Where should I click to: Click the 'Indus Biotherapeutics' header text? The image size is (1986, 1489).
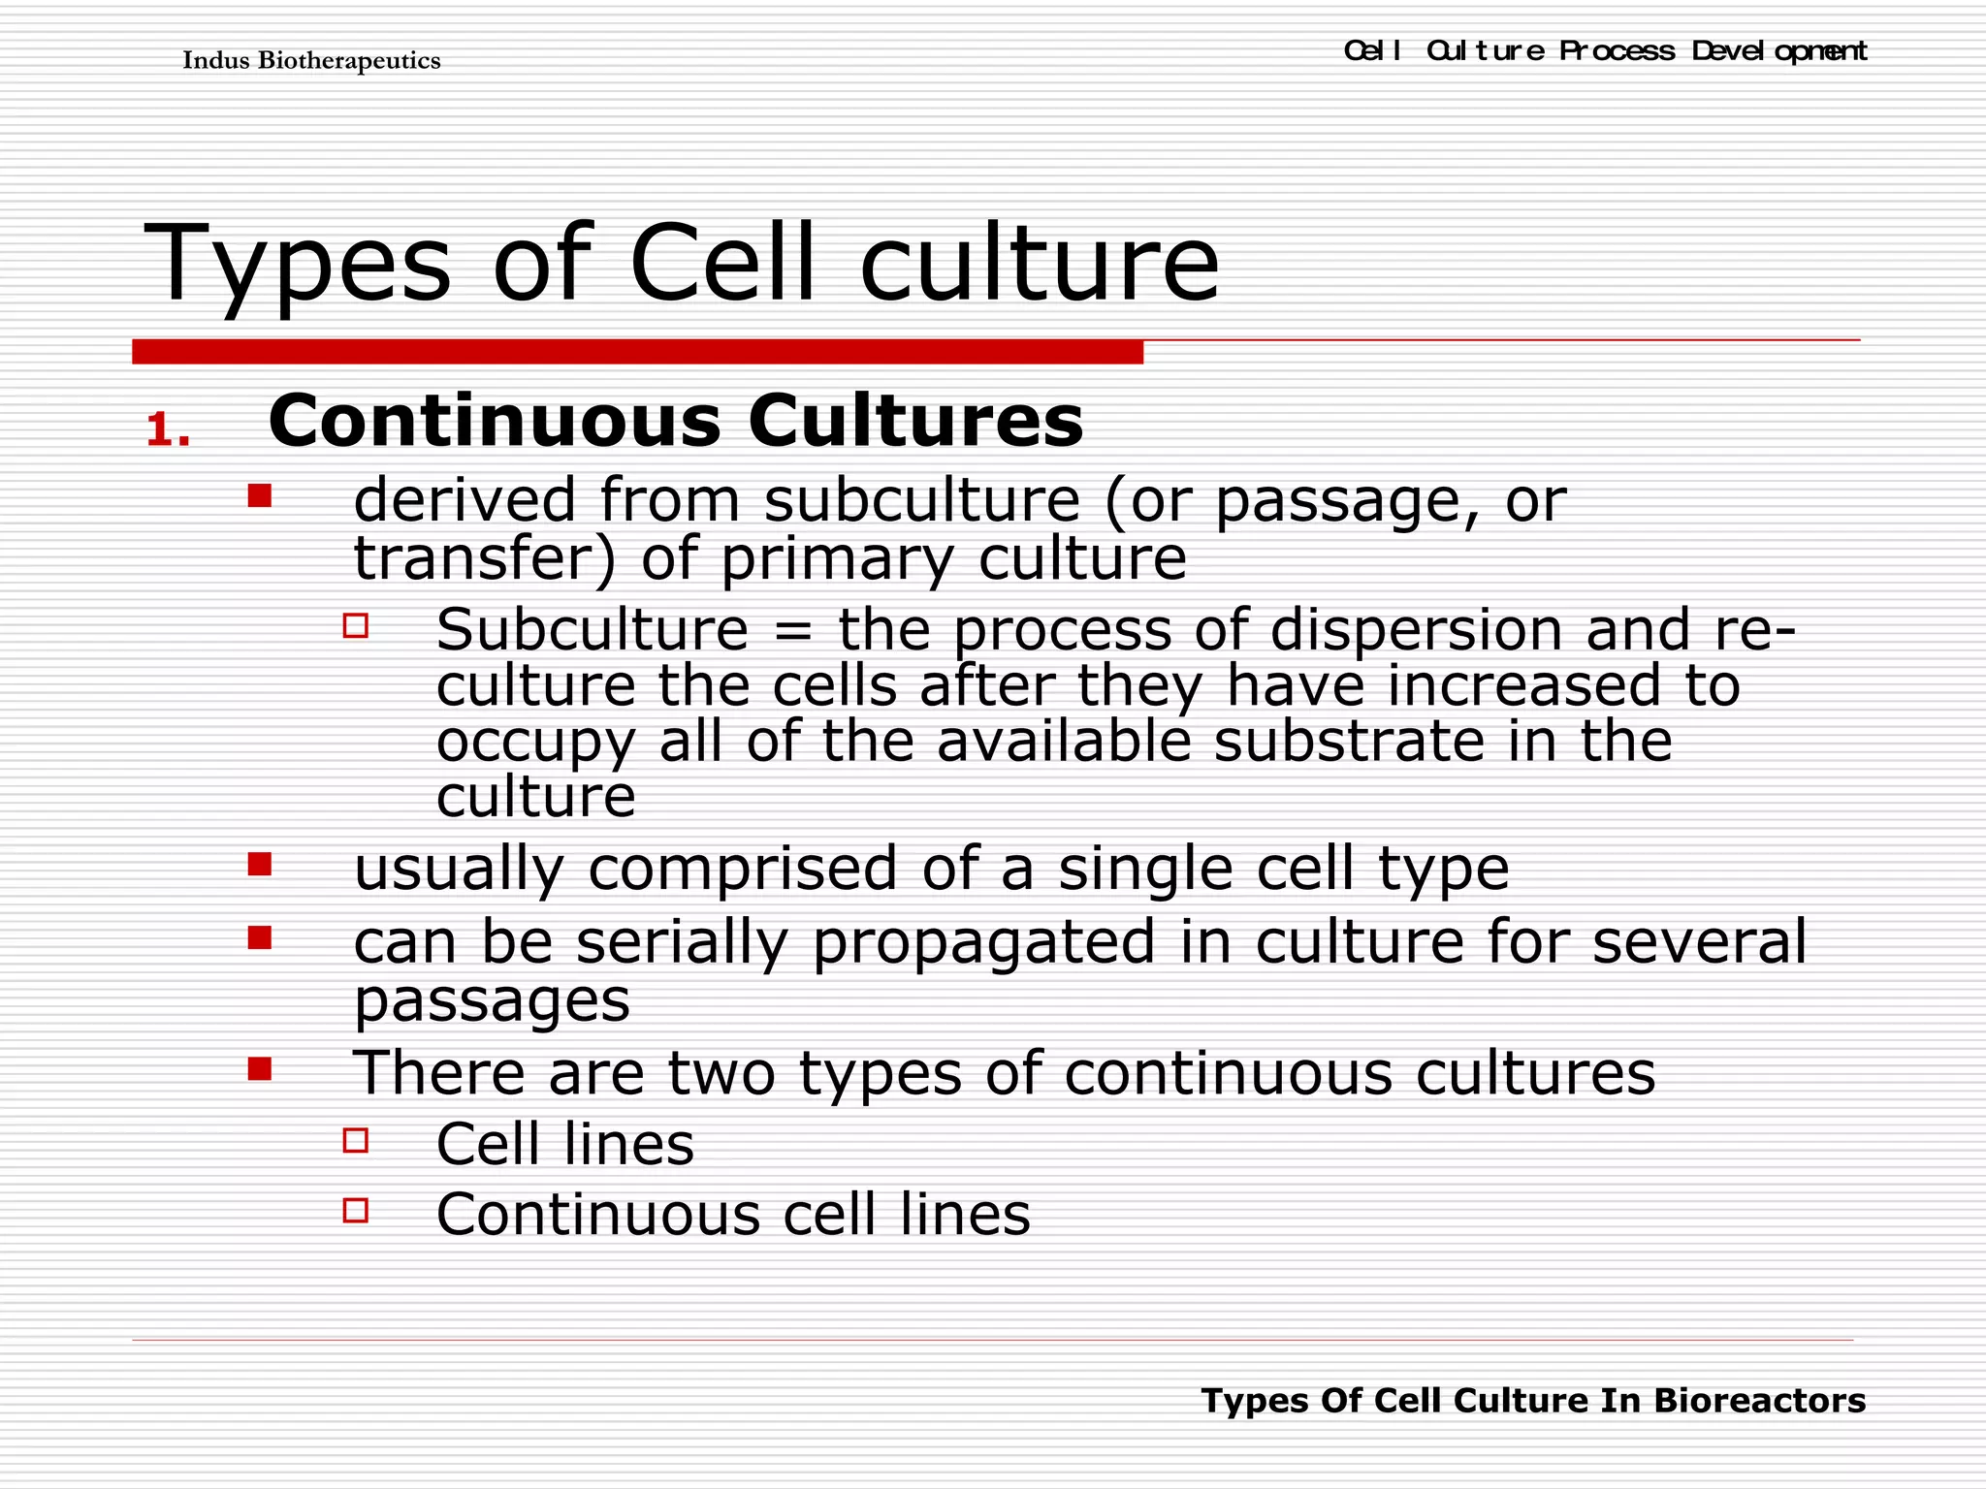(x=311, y=61)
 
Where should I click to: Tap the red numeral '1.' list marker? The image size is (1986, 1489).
(x=168, y=430)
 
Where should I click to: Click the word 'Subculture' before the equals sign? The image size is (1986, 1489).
(x=593, y=630)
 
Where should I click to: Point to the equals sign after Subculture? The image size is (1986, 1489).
(x=793, y=631)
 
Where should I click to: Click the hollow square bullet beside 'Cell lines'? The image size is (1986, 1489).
(x=356, y=1140)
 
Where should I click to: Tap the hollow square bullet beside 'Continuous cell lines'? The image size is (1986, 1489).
(x=356, y=1210)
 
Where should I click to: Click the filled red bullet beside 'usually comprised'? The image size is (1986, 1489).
(x=259, y=864)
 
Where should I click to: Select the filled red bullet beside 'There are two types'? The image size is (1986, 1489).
(x=259, y=1068)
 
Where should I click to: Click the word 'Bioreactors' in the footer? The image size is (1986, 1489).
(x=1759, y=1401)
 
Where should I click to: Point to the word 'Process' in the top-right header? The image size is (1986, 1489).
(x=1617, y=50)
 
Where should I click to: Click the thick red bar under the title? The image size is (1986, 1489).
(x=637, y=351)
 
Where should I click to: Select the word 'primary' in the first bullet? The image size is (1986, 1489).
(x=838, y=560)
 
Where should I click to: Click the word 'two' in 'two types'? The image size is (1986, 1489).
(x=721, y=1073)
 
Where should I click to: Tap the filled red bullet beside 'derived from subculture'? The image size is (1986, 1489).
(x=259, y=496)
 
